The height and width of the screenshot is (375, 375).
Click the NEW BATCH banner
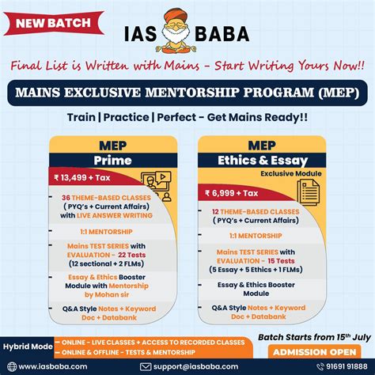[x=47, y=23]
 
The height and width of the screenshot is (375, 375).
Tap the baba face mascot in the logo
[x=187, y=32]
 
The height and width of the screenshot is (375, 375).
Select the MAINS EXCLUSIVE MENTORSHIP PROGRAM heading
[x=187, y=93]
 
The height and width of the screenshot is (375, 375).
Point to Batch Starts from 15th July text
[x=315, y=335]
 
